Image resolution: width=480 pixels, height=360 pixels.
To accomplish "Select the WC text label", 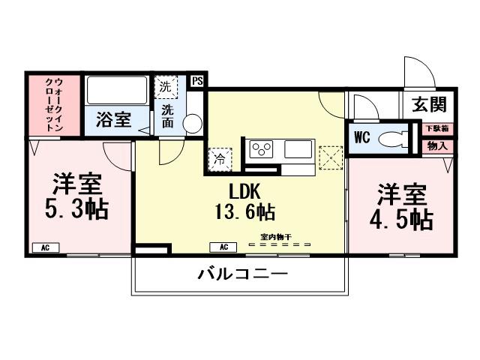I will tap(361, 138).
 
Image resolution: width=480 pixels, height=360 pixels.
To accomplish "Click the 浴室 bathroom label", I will tap(114, 119).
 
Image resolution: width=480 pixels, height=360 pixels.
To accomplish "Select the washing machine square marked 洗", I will tap(166, 87).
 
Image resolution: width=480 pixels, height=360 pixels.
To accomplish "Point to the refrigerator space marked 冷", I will tap(220, 157).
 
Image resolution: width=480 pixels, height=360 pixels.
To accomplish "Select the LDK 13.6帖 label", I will tap(239, 200).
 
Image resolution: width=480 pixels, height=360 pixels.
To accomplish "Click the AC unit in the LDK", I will tap(223, 247).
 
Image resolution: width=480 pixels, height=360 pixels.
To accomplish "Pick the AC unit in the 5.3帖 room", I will tap(45, 247).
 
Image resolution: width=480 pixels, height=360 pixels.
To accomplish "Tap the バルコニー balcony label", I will tap(242, 275).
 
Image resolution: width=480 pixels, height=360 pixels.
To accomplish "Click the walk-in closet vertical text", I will tap(54, 105).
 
